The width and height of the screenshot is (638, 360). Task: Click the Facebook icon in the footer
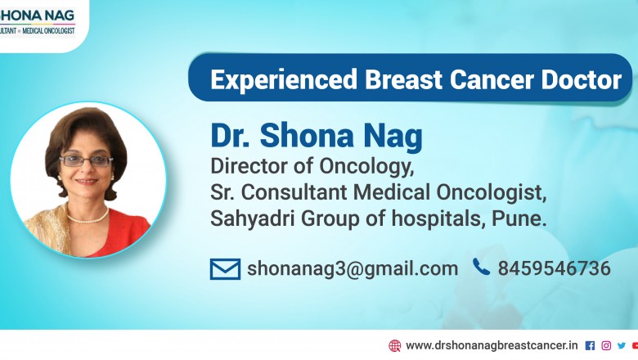tap(590, 345)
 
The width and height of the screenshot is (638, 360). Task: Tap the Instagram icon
tap(606, 345)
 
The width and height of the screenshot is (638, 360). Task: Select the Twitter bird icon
tap(621, 345)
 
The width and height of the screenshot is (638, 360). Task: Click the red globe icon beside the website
tap(395, 345)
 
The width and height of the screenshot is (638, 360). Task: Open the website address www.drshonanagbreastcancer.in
tap(492, 345)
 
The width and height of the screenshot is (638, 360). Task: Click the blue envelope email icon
tap(225, 268)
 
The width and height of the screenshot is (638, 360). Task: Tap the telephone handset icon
tap(482, 267)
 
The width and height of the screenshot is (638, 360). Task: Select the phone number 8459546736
tap(554, 268)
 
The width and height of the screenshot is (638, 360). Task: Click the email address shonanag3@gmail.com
tap(353, 268)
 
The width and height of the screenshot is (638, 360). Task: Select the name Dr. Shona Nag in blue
tap(316, 136)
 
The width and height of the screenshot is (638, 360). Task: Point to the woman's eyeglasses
tap(87, 161)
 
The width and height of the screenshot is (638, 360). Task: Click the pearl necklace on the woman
tap(88, 217)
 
